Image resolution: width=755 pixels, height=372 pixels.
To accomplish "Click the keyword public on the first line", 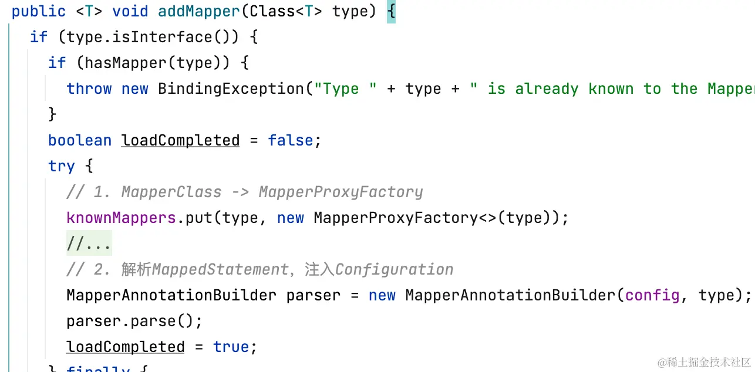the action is coord(39,11).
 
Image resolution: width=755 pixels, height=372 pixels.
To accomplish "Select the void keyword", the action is coord(130,11).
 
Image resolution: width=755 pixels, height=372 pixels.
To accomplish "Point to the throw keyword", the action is coord(89,89).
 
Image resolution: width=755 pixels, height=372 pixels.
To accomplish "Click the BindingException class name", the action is coord(231,89).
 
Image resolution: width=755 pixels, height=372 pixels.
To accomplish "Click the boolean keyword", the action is coord(80,140).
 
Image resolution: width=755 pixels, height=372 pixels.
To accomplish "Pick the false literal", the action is coord(291,140).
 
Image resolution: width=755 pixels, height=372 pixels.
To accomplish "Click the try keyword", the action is coord(62,166).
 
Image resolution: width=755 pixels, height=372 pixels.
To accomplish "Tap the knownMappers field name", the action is coord(122,218).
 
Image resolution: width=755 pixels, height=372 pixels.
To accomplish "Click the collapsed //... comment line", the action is coord(89,244).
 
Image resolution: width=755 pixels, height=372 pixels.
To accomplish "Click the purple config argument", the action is coord(652,295).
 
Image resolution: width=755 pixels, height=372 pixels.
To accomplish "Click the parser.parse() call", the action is coord(134,321).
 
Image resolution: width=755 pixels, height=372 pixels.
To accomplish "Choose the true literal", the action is coord(231,347).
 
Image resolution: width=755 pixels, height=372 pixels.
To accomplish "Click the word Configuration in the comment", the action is coord(395,269).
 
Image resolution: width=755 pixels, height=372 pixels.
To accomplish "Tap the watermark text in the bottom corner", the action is coord(704,361).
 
